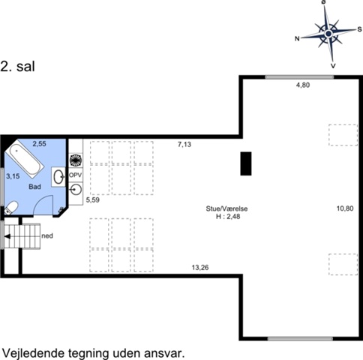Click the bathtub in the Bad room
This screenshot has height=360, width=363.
point(24,158)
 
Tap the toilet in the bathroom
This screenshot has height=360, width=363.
point(10,208)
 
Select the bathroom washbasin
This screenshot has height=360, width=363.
point(58,177)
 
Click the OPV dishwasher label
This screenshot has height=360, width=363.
point(75,175)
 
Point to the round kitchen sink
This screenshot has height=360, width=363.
point(76,189)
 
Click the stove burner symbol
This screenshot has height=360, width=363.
point(75,160)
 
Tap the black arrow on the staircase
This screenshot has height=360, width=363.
point(7,236)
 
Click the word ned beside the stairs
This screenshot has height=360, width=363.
point(47,235)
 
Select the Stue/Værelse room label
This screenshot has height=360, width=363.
point(226,208)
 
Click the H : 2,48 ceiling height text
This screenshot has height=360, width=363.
point(228,217)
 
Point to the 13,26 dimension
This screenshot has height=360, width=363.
point(200,268)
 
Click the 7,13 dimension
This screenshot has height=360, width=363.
point(184,144)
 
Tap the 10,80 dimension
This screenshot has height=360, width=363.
point(345,208)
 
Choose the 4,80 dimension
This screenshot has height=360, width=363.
point(303,85)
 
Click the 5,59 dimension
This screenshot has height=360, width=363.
point(93,199)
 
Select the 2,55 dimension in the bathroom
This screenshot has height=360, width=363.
point(40,144)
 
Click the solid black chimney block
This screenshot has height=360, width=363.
point(246,163)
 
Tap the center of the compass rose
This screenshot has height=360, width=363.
point(328,33)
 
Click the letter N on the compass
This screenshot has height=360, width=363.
point(297,39)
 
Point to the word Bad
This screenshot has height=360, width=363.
point(34,187)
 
